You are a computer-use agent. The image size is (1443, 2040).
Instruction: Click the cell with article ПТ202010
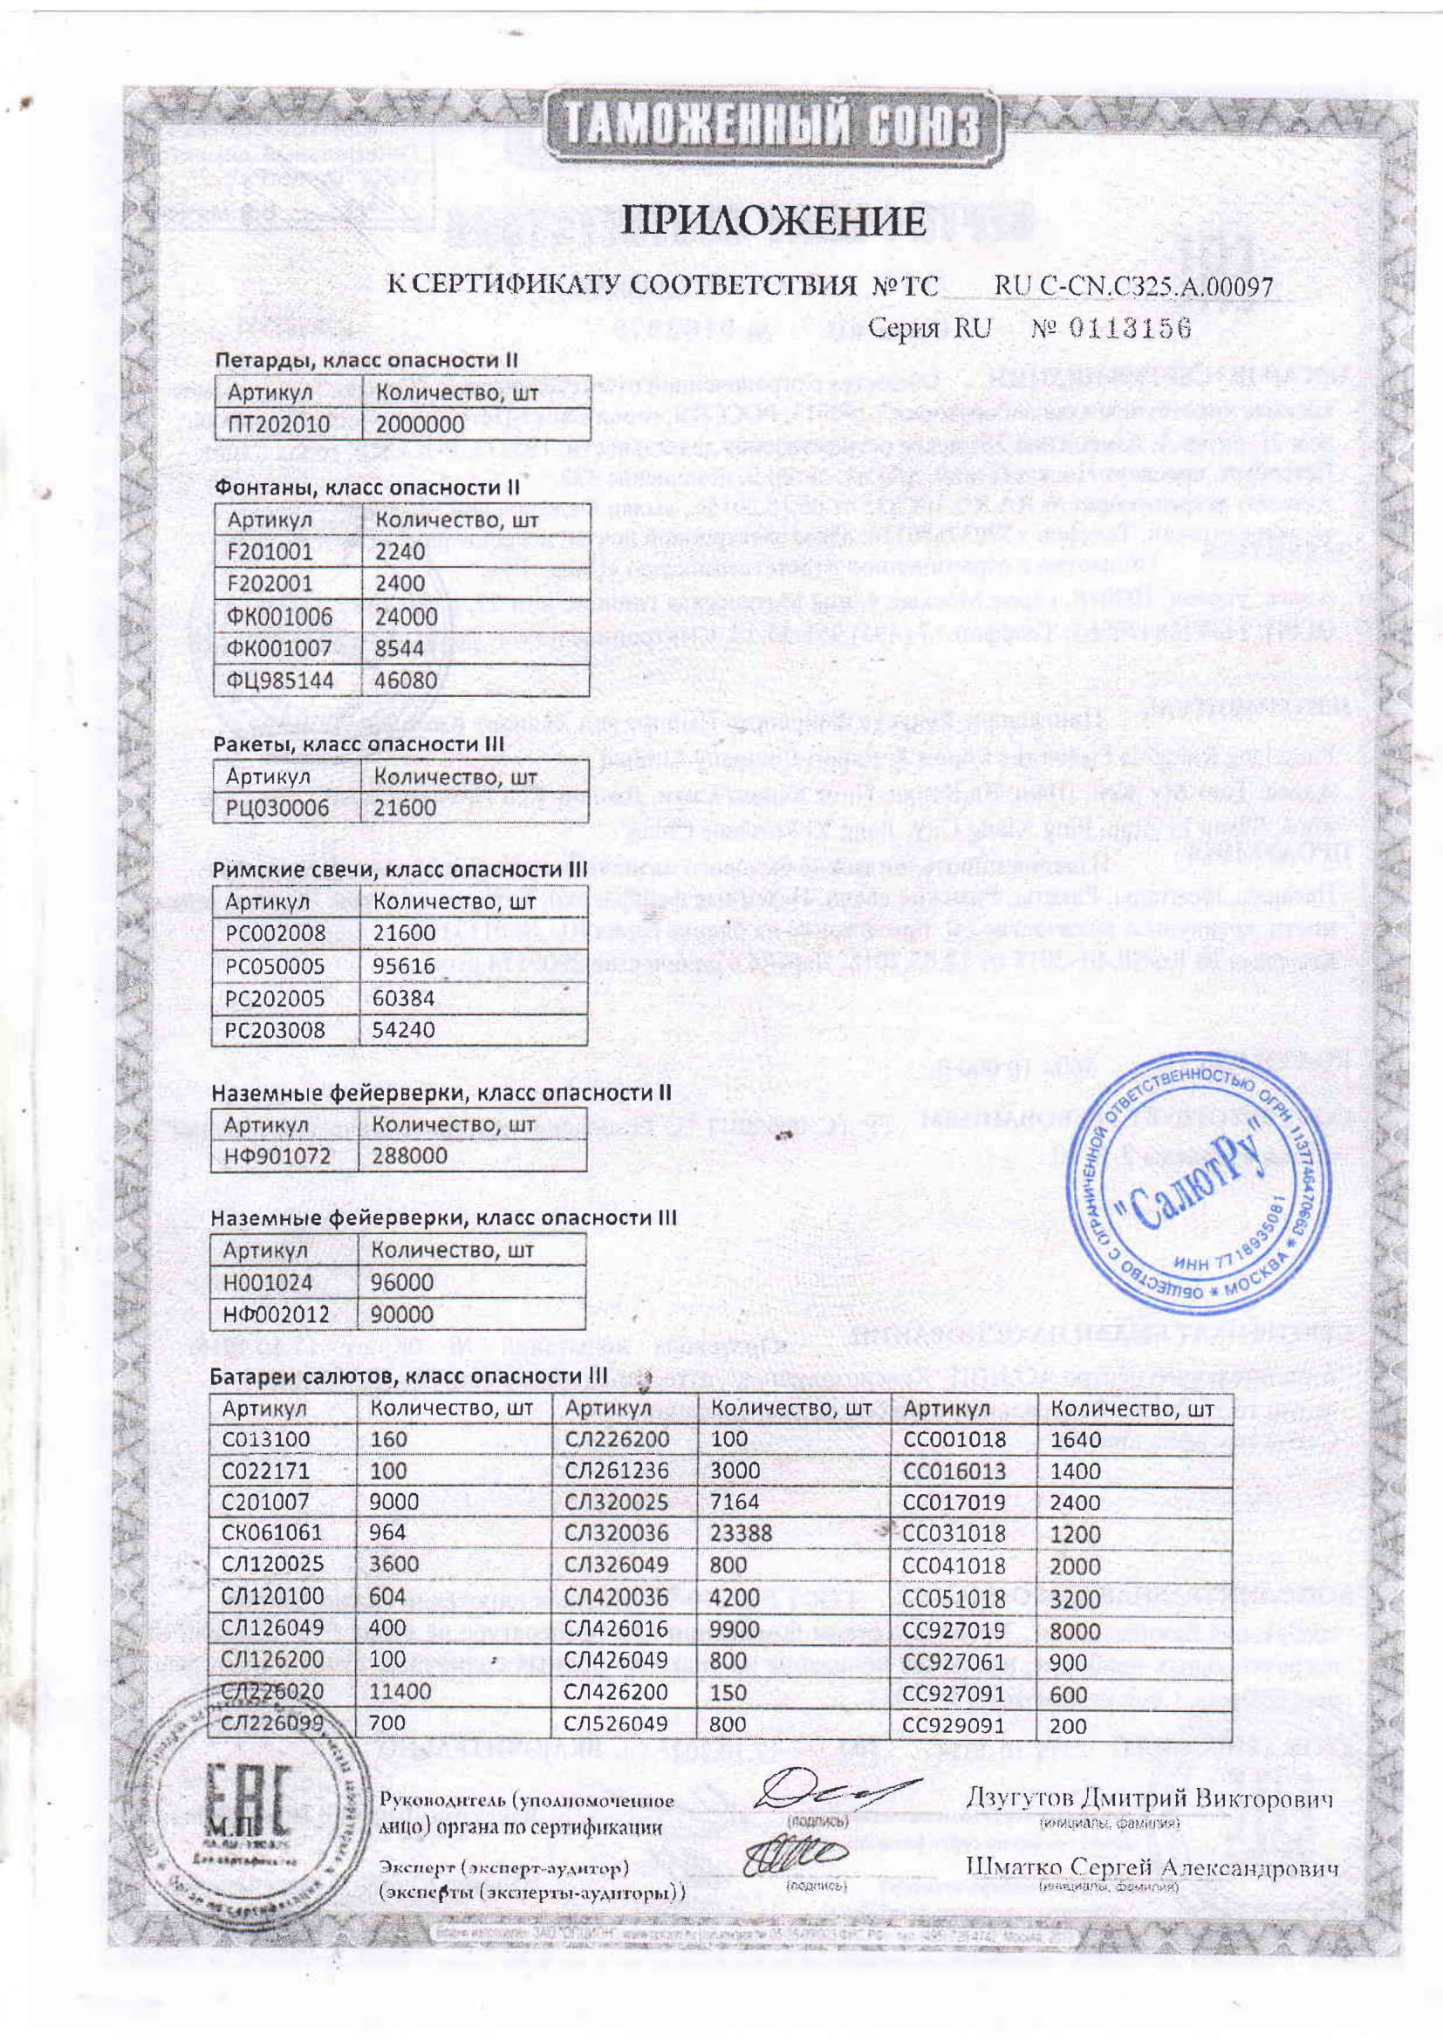(x=279, y=425)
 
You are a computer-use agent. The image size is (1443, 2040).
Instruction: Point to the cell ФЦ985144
(x=281, y=680)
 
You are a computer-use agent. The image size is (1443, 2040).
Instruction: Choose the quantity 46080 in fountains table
(x=406, y=680)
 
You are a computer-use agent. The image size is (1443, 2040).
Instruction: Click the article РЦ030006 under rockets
(x=277, y=808)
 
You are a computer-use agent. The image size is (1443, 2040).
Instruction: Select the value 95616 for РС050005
(x=404, y=965)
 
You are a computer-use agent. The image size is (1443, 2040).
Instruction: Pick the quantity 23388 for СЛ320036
(x=742, y=1532)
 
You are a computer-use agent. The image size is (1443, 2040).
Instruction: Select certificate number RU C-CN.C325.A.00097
(x=1133, y=286)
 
